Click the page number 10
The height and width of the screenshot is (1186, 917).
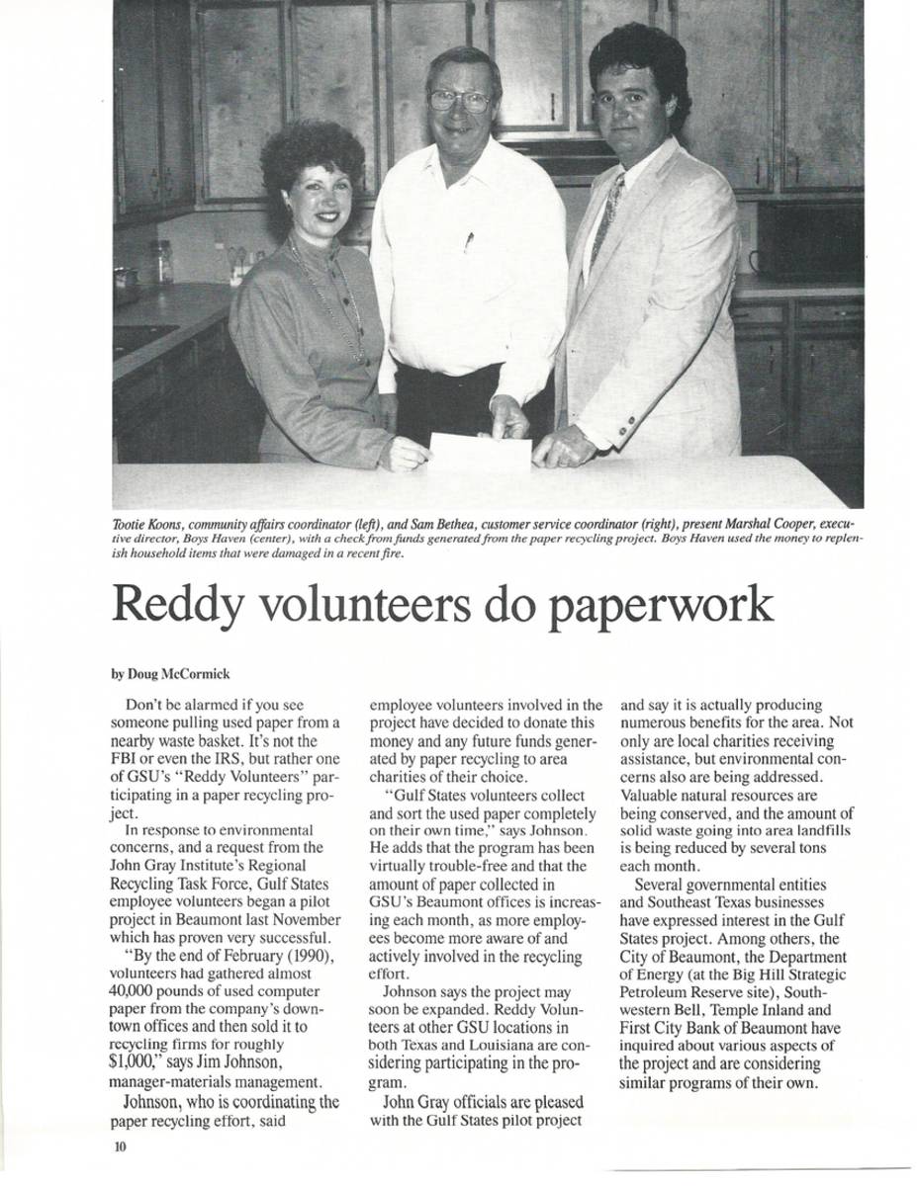coord(120,1146)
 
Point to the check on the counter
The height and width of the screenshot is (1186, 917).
coord(481,452)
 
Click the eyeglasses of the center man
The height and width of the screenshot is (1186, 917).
coord(460,101)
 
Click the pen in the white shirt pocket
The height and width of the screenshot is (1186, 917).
coord(469,241)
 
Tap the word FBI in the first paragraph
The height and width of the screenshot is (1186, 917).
coord(127,759)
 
